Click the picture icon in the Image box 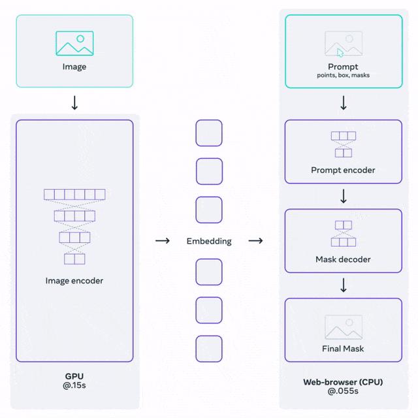[74, 43]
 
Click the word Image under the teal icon [74, 67]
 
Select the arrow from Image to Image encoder [74, 103]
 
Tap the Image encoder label [74, 281]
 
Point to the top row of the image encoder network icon [74, 194]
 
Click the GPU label [74, 377]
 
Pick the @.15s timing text [74, 387]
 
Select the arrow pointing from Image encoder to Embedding [162, 241]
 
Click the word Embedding [209, 241]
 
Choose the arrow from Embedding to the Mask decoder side [256, 241]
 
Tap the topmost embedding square [209, 133]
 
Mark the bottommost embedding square [209, 349]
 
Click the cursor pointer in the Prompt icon [340, 53]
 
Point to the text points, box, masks [344, 76]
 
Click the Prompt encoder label [344, 170]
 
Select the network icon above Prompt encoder [344, 144]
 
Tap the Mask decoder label [344, 259]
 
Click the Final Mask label [344, 348]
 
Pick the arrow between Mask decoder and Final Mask [344, 286]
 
